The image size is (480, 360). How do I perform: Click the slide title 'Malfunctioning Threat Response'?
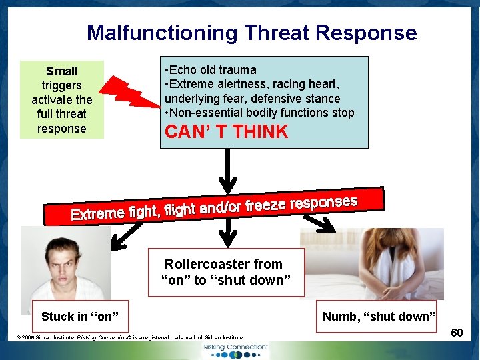pos(251,33)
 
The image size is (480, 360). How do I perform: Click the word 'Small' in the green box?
pos(62,71)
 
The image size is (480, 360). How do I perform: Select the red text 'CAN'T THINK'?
pos(226,132)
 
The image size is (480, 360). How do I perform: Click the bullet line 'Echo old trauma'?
pos(213,70)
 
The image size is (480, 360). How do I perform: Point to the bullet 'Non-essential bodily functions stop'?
pos(261,113)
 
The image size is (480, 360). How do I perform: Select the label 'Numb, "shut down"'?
pos(379,316)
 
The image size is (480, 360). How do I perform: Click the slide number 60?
pos(457,331)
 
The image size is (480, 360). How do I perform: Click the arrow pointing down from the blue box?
pos(229,170)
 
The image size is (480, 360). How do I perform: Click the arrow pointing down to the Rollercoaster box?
pos(229,233)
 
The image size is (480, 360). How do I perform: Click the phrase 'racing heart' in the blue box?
pos(306,84)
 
